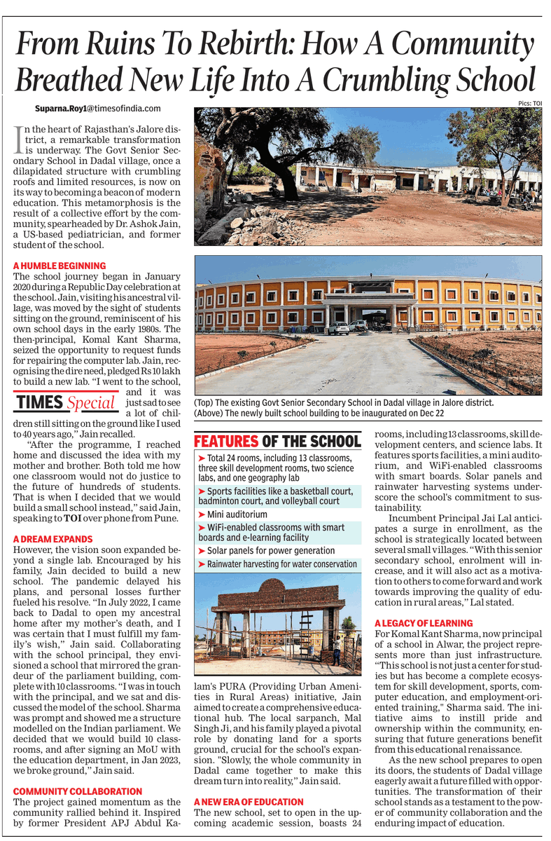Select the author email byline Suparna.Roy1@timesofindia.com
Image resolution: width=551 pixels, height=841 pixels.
pyautogui.click(x=98, y=109)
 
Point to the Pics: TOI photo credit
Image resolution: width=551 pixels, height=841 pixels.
pyautogui.click(x=531, y=103)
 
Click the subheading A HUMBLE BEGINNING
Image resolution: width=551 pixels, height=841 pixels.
pyautogui.click(x=60, y=266)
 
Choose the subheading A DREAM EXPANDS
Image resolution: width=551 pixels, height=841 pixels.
pyautogui.click(x=53, y=539)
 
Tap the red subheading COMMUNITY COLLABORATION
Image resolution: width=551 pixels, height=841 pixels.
pyautogui.click(x=78, y=791)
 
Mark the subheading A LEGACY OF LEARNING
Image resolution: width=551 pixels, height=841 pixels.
pyautogui.click(x=424, y=623)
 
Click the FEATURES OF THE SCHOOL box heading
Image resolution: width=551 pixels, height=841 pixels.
pyautogui.click(x=277, y=442)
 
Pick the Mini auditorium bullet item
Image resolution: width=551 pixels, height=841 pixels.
pyautogui.click(x=237, y=514)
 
